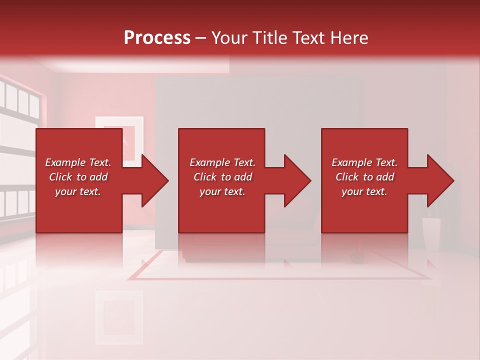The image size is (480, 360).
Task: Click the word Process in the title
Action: pos(157,37)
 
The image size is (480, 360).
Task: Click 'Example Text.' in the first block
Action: pos(78,162)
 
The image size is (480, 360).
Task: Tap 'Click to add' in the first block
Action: pos(78,177)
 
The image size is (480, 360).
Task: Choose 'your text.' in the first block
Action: pos(78,191)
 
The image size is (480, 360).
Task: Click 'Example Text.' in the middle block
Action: pos(222,162)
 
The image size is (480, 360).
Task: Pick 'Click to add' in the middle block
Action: pos(222,177)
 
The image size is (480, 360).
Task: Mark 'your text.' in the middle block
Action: pos(222,191)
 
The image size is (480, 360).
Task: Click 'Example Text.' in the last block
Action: pos(364,162)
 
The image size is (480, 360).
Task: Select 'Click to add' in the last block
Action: pos(364,177)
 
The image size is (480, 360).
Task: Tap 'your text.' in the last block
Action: pos(364,191)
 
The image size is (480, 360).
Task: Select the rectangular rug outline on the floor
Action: pos(280,276)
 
